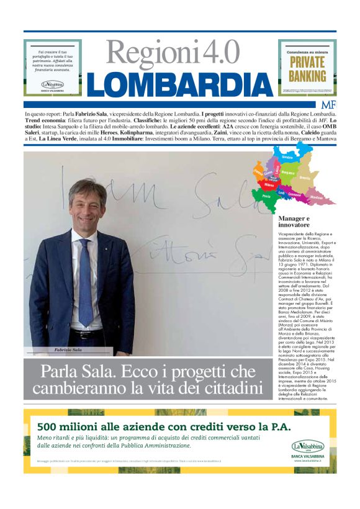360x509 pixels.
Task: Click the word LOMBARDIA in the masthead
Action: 179,84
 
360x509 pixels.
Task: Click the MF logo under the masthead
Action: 328,104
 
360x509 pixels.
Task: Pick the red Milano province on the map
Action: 269,184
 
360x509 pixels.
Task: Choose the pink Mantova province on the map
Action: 317,197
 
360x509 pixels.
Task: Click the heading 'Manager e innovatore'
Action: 294,222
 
